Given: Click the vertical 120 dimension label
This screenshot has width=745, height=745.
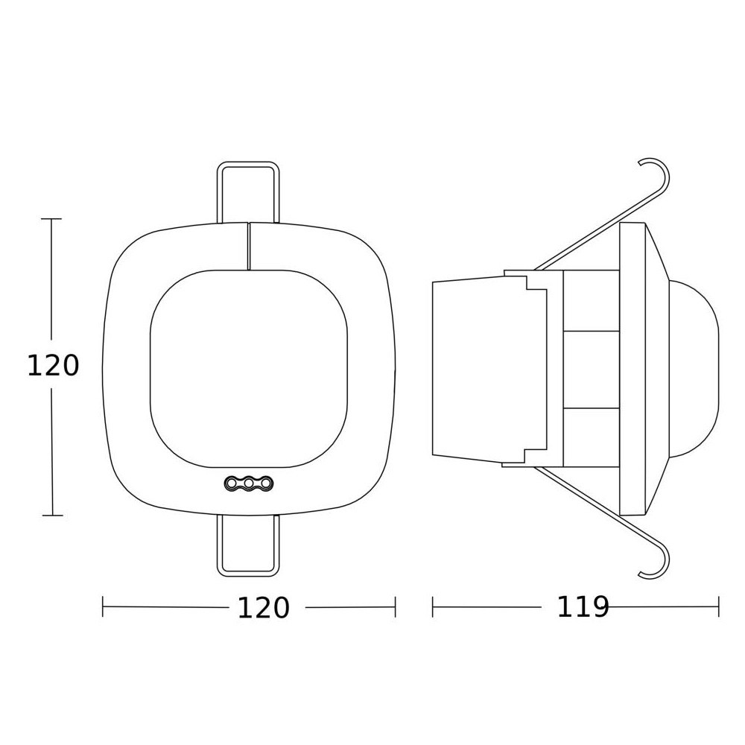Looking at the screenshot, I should (52, 366).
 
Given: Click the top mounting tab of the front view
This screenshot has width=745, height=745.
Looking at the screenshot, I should (248, 192).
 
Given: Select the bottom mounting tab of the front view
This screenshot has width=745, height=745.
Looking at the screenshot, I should (248, 547).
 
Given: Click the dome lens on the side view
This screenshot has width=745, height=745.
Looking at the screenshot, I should (697, 366).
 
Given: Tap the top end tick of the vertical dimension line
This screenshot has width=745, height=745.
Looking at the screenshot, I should (51, 219).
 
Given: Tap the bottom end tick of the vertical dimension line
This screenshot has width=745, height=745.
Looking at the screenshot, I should (51, 515).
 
